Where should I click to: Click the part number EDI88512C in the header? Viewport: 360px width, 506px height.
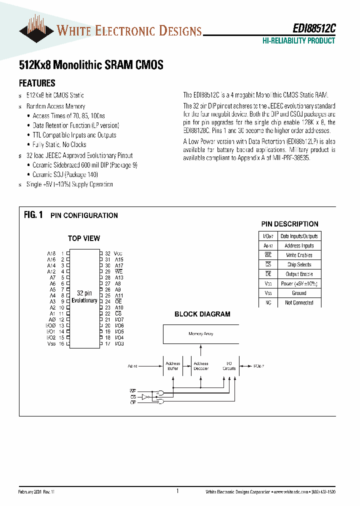point(314,29)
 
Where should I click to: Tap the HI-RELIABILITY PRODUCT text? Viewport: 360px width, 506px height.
point(298,41)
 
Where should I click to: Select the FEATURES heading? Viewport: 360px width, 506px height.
point(37,83)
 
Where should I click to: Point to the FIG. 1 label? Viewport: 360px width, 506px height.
point(33,215)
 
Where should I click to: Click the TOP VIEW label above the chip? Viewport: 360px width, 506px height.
point(84,238)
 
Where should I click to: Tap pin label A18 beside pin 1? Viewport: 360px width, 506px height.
point(51,254)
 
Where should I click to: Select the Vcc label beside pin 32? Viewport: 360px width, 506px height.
point(118,254)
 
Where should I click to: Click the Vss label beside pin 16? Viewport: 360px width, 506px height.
point(51,343)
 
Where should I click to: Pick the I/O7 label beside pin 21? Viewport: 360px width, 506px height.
point(119,319)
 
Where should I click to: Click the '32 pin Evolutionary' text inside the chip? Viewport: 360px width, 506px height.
point(84,296)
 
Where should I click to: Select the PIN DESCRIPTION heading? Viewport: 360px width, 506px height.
point(289,224)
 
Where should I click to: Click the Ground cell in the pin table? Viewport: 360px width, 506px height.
point(299,293)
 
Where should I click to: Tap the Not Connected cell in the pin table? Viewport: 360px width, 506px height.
point(299,302)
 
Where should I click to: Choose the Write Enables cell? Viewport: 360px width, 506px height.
point(299,255)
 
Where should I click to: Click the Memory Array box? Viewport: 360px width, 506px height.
point(201,333)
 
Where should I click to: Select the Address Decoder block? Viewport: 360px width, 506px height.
point(201,366)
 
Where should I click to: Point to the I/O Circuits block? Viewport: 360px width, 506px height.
point(229,366)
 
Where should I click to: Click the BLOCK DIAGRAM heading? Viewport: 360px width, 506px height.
point(202,314)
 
